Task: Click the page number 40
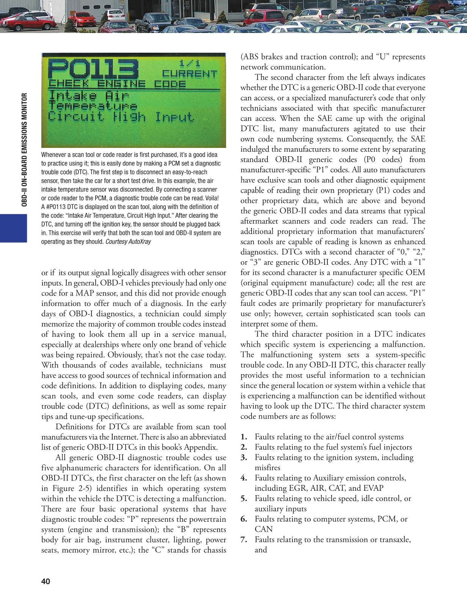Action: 46,581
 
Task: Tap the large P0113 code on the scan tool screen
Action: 93,69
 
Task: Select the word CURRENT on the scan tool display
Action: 189,74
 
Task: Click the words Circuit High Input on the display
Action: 121,117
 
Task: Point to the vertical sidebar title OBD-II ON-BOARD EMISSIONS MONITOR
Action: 24,149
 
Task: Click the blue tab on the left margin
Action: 13,228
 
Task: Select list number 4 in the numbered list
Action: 244,478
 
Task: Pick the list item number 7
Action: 244,539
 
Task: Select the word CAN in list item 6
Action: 264,529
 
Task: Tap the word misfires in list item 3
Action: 267,468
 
